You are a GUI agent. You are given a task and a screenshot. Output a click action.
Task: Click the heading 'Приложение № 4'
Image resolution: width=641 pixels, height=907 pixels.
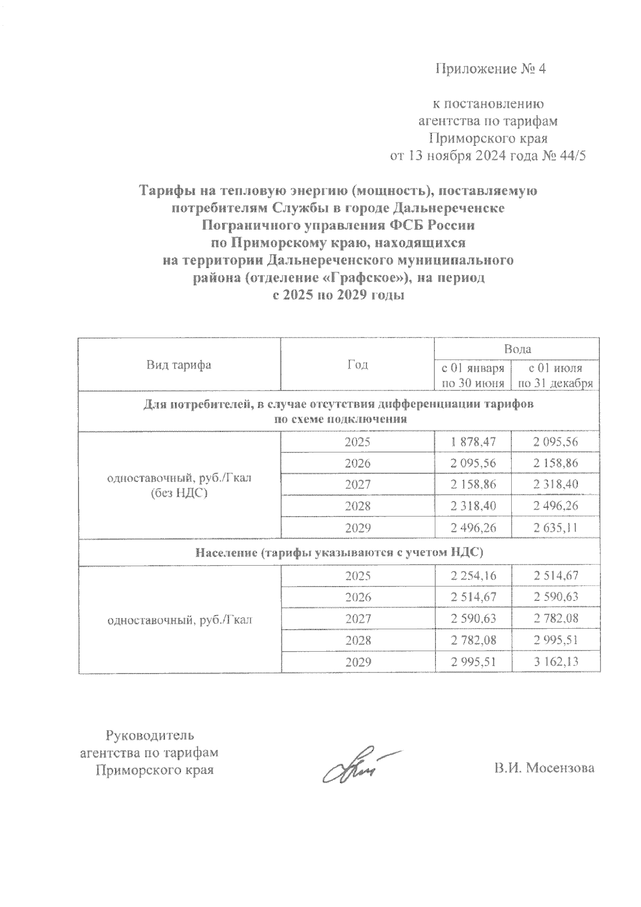click(x=491, y=69)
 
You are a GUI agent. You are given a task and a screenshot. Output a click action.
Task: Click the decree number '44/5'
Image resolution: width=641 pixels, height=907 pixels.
click(x=574, y=156)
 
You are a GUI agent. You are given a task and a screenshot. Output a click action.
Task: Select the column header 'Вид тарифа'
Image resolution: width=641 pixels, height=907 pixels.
click(x=179, y=365)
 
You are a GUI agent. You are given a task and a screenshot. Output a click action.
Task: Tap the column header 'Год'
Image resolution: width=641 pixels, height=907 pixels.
click(x=357, y=365)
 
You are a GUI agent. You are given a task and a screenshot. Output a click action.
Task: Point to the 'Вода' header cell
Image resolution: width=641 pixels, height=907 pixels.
click(x=517, y=349)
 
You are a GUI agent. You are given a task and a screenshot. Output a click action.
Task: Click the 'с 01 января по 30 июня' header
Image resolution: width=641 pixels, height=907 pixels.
click(x=473, y=376)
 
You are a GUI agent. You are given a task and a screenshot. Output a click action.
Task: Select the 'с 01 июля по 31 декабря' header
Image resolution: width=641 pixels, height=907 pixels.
click(x=556, y=376)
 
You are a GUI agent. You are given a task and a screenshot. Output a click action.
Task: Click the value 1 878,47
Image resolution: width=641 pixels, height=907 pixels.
click(x=473, y=442)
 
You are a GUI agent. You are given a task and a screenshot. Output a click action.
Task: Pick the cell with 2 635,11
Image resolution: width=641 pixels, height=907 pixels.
click(x=556, y=528)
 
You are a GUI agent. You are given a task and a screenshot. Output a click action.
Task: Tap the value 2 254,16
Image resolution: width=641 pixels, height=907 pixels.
click(x=473, y=576)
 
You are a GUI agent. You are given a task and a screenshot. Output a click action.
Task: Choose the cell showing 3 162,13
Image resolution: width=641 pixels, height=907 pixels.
click(x=556, y=662)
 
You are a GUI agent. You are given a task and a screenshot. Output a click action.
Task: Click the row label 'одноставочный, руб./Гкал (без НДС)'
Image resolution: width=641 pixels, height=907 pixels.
click(x=179, y=485)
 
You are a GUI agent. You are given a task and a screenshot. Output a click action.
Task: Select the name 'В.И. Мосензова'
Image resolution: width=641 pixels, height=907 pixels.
click(x=544, y=768)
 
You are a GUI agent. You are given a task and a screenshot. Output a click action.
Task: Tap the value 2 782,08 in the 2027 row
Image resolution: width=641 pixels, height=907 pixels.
click(x=556, y=619)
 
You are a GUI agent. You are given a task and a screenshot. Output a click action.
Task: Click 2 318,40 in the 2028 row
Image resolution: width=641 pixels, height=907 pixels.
click(x=473, y=506)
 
